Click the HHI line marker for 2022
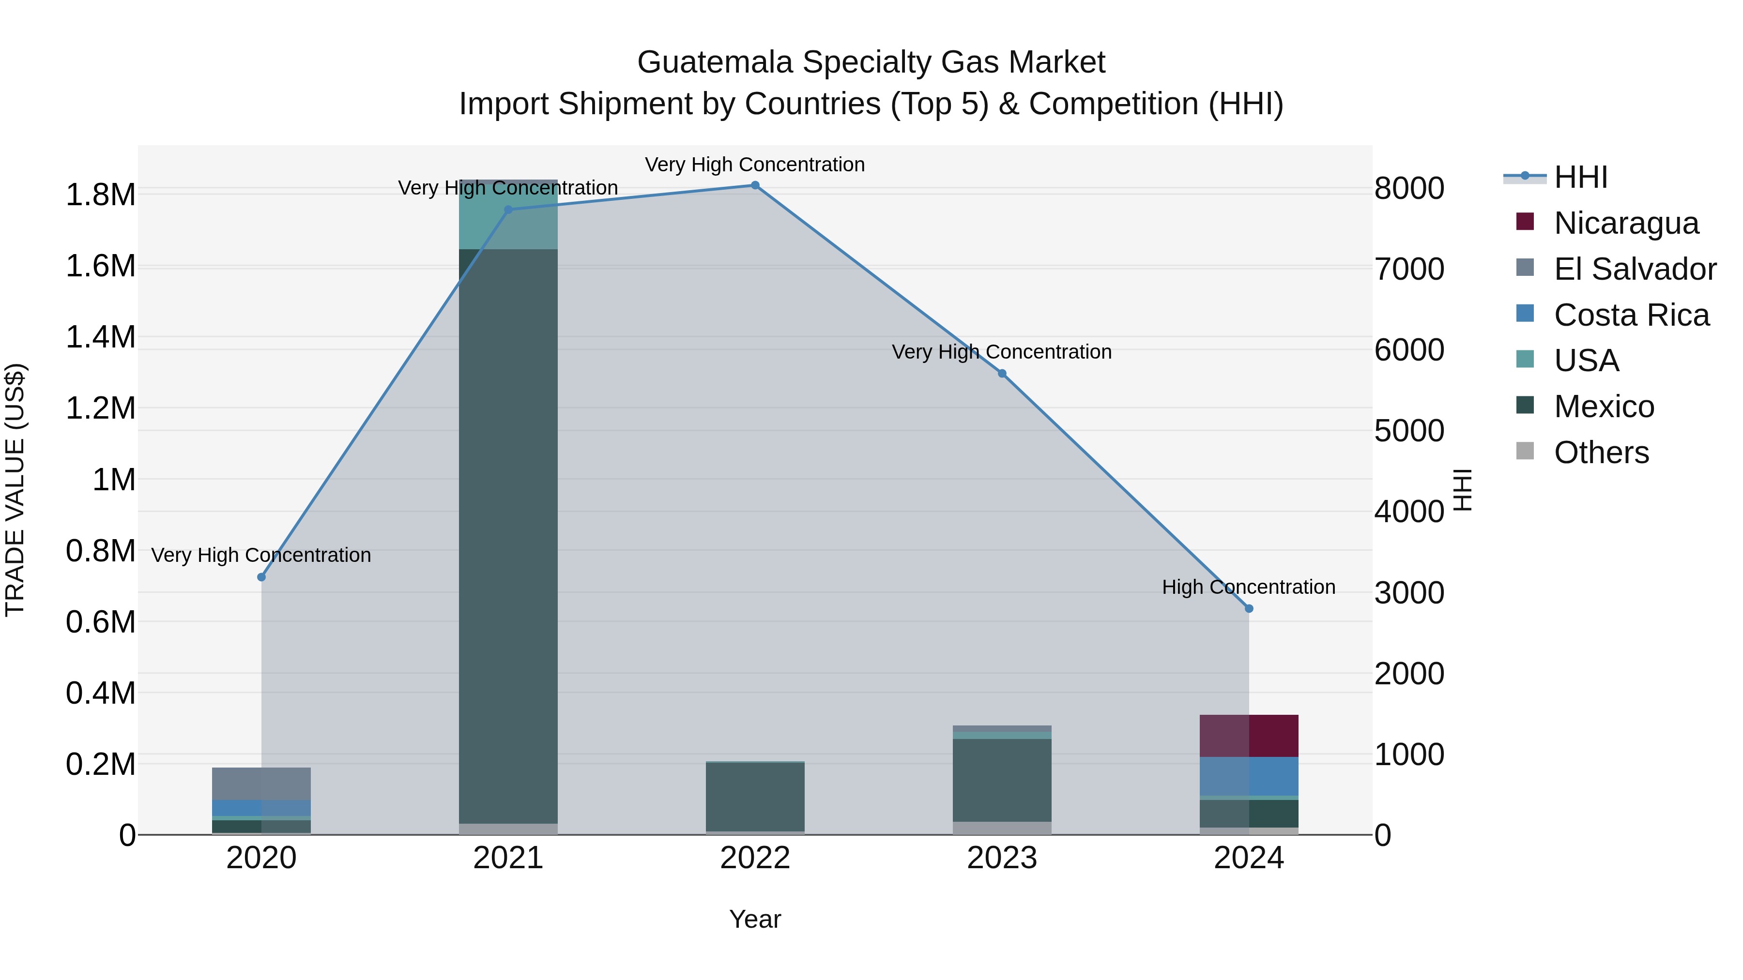click(755, 185)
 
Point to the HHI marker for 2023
click(1002, 373)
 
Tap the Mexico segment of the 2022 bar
click(755, 797)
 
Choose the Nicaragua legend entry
click(1626, 223)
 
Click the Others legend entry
click(1601, 452)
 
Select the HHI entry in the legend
click(1581, 177)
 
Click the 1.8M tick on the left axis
click(100, 195)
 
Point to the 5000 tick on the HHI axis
click(1409, 431)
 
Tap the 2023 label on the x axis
click(1002, 858)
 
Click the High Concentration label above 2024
click(1248, 587)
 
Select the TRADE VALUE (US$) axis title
click(15, 490)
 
